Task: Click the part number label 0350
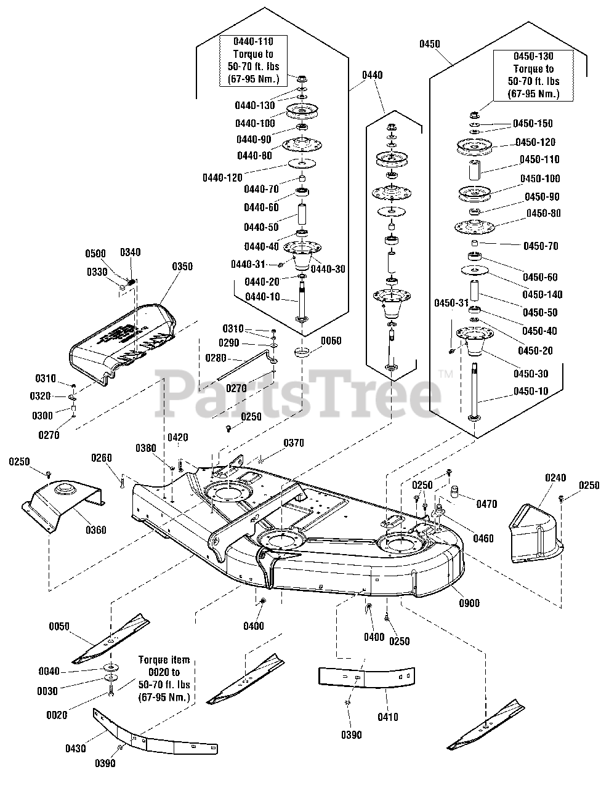tap(182, 267)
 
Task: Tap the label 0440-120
tap(222, 178)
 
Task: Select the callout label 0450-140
tap(542, 294)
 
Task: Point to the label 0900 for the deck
tap(469, 603)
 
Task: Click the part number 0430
tap(76, 748)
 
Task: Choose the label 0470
tap(486, 504)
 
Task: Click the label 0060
tap(331, 340)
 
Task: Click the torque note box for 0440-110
tap(253, 60)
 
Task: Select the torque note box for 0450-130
tap(533, 76)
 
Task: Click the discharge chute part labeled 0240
tap(536, 533)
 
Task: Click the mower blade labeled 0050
tap(110, 638)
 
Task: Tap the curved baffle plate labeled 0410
tap(366, 677)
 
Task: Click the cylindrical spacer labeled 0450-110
tap(475, 170)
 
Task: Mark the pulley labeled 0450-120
tap(474, 147)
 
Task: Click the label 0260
tap(102, 457)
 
